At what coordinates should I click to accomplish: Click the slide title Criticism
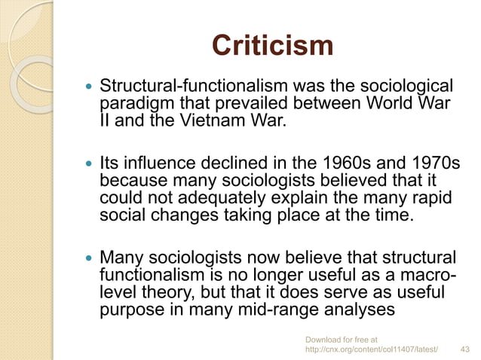coord(272,46)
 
